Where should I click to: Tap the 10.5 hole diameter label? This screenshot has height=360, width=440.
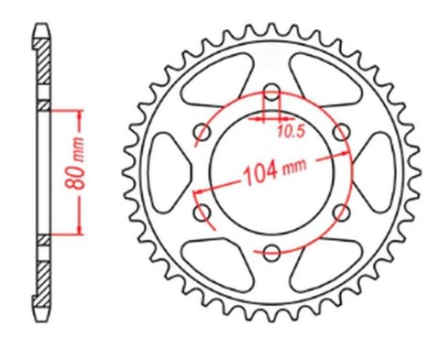[291, 131]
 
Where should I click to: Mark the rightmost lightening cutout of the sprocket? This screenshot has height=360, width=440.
[374, 172]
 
